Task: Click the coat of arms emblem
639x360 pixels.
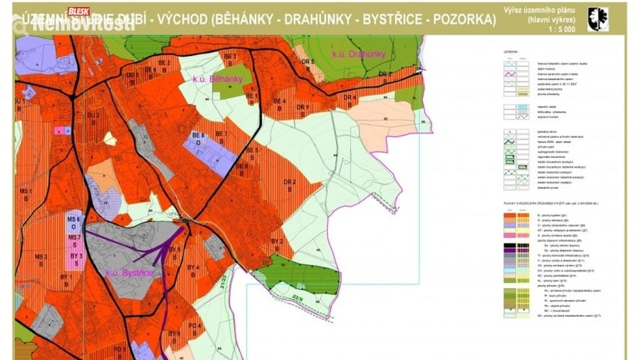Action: coord(597,19)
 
